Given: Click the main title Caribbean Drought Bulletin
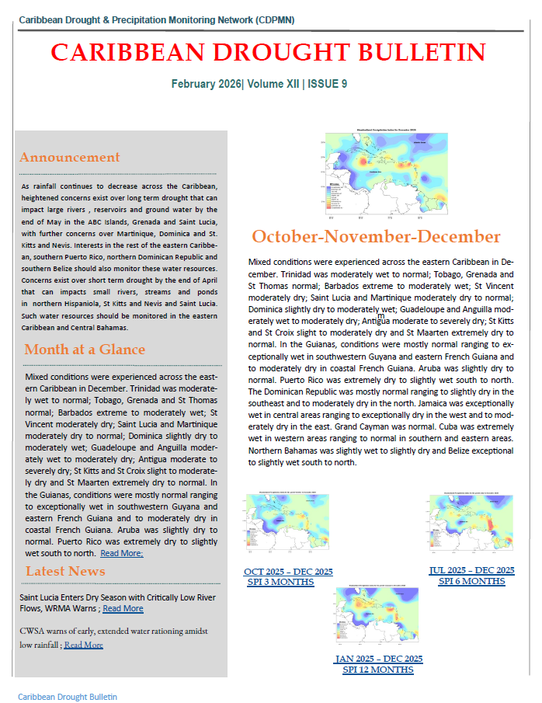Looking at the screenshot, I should click(268, 52).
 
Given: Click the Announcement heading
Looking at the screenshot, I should click(70, 157).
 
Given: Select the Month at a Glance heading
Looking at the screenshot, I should click(85, 349).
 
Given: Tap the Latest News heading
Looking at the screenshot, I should click(65, 571).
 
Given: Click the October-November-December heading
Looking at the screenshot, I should click(376, 237).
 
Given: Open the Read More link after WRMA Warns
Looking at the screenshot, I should click(123, 608).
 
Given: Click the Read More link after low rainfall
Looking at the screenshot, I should click(83, 644).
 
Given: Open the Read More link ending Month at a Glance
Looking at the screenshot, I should click(121, 553).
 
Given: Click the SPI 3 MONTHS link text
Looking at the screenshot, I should click(288, 581).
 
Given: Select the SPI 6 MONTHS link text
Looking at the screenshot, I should click(471, 580).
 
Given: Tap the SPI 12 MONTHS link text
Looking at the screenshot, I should click(378, 670).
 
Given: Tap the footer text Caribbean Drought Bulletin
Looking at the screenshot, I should click(68, 697).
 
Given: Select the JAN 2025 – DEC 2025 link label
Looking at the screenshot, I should click(378, 659).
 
